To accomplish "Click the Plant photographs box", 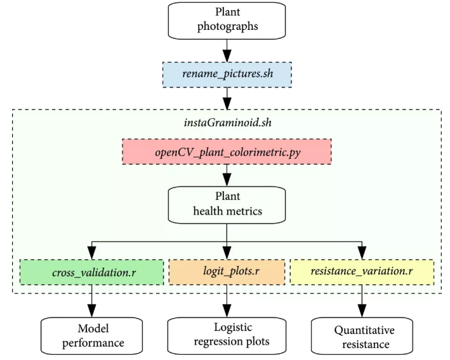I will click(x=228, y=20).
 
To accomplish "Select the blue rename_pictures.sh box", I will click(x=228, y=74).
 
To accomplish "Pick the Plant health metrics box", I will click(x=228, y=203).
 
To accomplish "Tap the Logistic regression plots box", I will click(x=228, y=334).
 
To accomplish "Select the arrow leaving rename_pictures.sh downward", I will click(x=228, y=98).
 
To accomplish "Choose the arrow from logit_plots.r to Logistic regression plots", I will click(x=228, y=301).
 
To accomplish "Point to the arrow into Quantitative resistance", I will click(x=362, y=301).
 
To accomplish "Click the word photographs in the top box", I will click(x=228, y=27).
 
